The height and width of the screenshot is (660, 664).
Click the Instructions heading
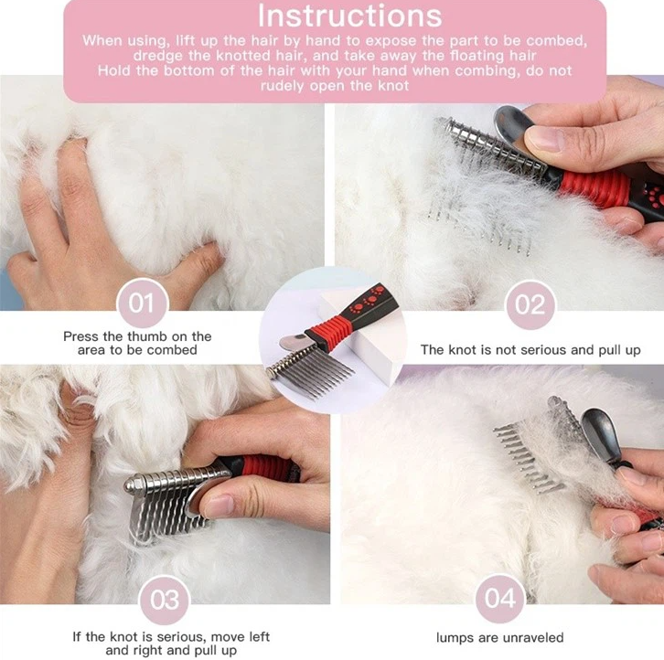click(349, 16)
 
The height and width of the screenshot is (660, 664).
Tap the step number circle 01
click(143, 303)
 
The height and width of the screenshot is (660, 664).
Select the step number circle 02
click(530, 304)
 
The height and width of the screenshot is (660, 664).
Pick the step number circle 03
click(165, 600)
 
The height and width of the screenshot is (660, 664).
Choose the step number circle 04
click(500, 598)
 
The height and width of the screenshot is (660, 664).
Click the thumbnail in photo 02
click(545, 138)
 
